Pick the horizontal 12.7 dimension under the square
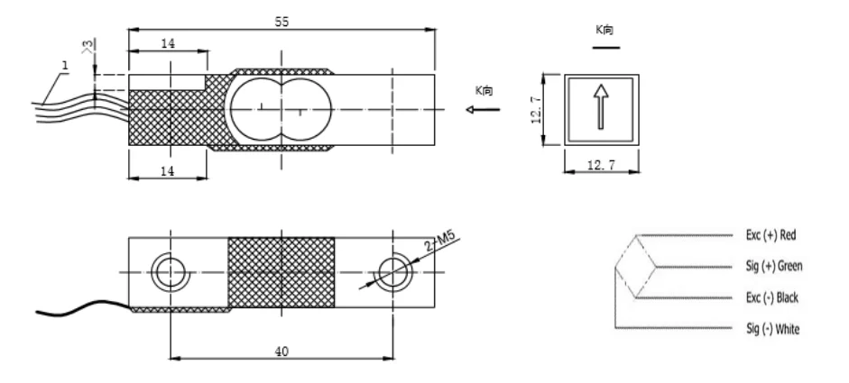pyautogui.click(x=601, y=166)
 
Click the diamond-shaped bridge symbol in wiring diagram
pyautogui.click(x=636, y=266)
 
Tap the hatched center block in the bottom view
pyautogui.click(x=281, y=270)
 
